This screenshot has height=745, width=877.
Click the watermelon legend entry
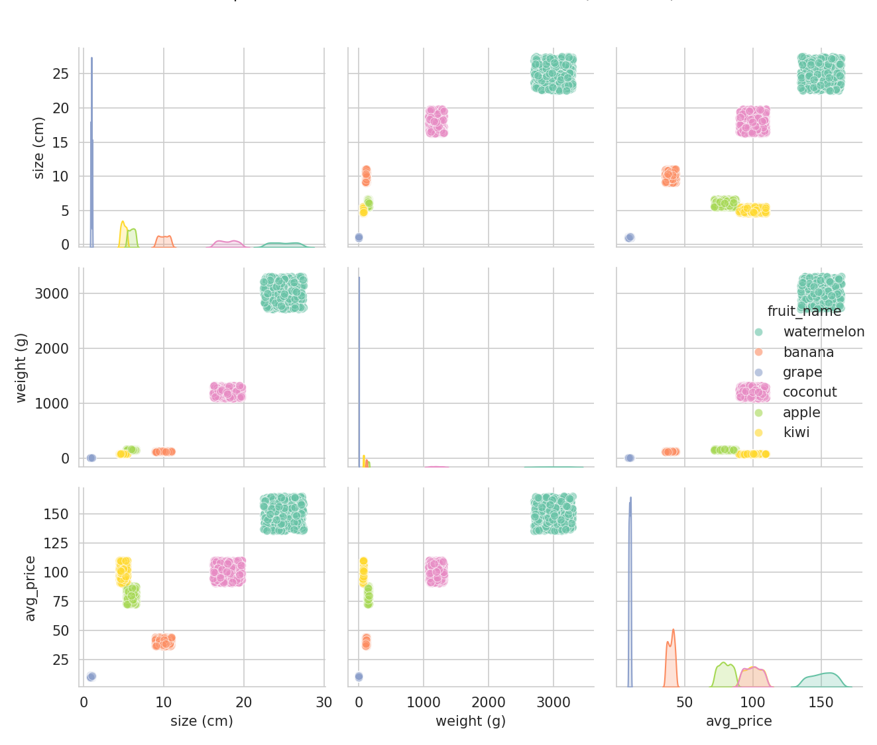pyautogui.click(x=823, y=332)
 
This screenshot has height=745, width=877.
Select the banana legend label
pyautogui.click(x=808, y=352)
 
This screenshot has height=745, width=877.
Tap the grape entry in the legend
pyautogui.click(x=802, y=372)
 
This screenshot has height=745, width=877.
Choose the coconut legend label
pyautogui.click(x=809, y=392)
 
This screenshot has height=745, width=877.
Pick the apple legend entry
pyautogui.click(x=801, y=413)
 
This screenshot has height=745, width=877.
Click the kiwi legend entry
pyautogui.click(x=796, y=432)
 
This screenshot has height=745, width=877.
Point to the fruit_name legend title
pyautogui.click(x=804, y=311)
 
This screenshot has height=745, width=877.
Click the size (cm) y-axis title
pyautogui.click(x=39, y=148)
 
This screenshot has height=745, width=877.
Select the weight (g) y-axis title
pyautogui.click(x=21, y=368)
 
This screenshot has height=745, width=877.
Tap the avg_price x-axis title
pyautogui.click(x=738, y=721)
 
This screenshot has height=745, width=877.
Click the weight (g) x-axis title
pyautogui.click(x=470, y=721)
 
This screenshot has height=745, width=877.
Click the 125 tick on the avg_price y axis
pyautogui.click(x=56, y=543)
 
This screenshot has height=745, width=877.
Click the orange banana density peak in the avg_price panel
pyautogui.click(x=673, y=630)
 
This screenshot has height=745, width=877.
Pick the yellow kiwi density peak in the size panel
pyautogui.click(x=123, y=223)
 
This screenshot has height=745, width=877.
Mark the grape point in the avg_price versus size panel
pyautogui.click(x=91, y=676)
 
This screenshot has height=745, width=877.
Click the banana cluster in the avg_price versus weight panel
pyautogui.click(x=366, y=641)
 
